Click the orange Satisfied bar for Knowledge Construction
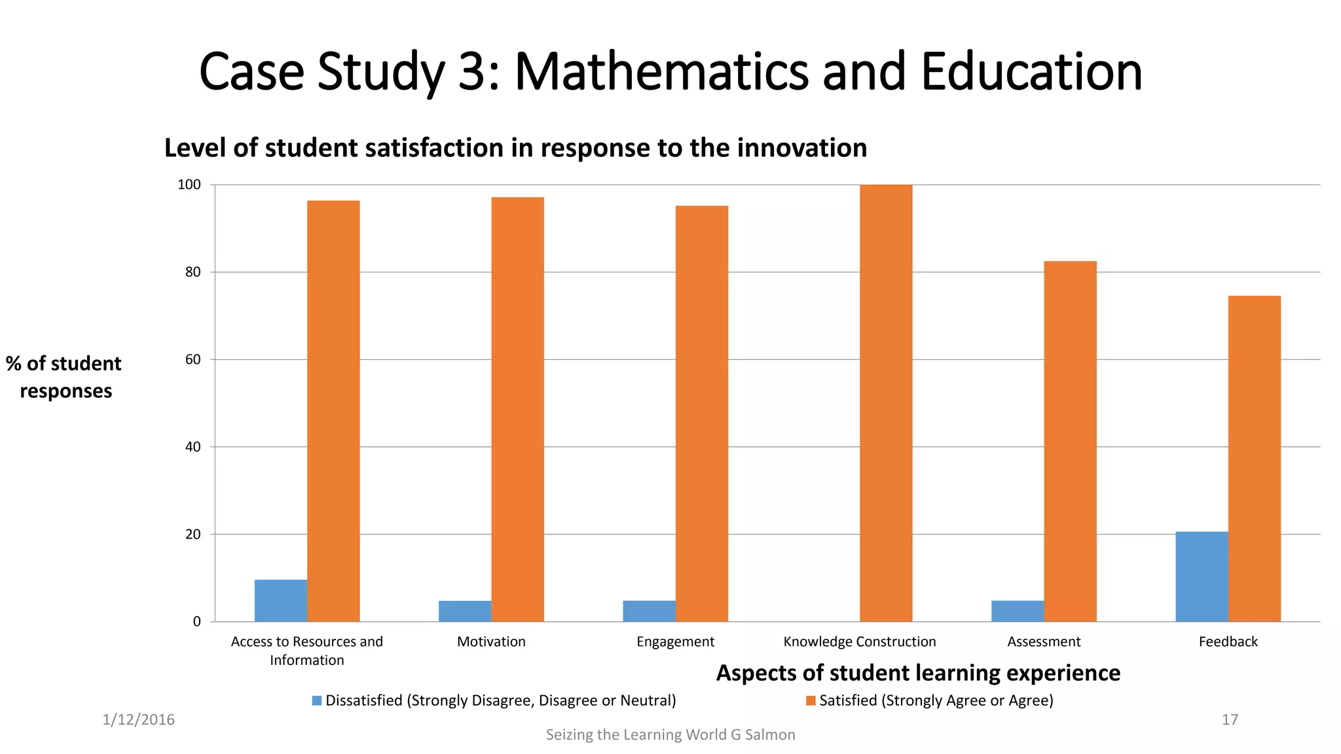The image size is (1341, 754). [x=885, y=403]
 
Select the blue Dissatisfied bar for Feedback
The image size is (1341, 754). [x=1202, y=577]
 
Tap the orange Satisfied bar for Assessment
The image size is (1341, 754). [x=1070, y=441]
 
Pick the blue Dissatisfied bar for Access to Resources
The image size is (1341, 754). [x=280, y=600]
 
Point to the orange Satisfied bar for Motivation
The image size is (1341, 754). [x=517, y=409]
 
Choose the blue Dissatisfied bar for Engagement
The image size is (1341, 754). [x=649, y=611]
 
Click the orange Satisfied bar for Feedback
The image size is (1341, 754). [x=1254, y=458]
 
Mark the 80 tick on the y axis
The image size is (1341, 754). [x=193, y=272]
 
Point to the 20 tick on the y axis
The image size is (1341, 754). [x=193, y=535]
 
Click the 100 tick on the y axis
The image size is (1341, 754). [x=189, y=185]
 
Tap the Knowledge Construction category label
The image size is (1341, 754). [x=859, y=641]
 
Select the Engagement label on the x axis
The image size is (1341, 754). [x=675, y=641]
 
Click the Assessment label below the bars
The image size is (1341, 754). [x=1044, y=641]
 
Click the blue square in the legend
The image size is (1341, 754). [x=317, y=701]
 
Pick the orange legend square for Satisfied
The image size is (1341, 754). [x=811, y=701]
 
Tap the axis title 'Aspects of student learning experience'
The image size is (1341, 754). [x=918, y=673]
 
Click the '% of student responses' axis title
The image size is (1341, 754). [x=64, y=377]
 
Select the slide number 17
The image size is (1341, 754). [x=1230, y=720]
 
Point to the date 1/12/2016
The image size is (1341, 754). [x=139, y=720]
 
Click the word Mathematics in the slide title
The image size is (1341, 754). [x=661, y=71]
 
